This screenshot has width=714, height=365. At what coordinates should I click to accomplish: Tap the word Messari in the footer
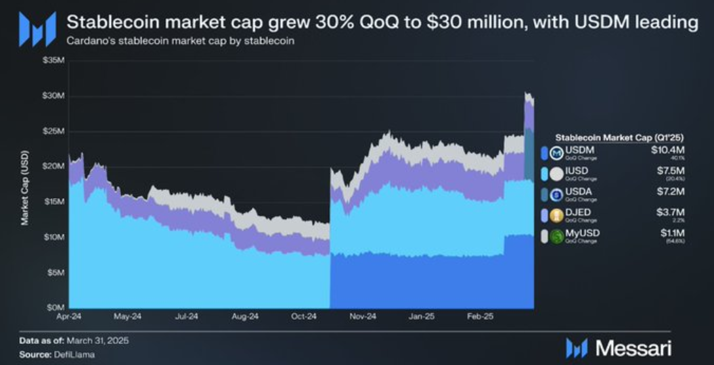[x=633, y=348]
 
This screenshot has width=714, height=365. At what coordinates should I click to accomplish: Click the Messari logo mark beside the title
[x=37, y=29]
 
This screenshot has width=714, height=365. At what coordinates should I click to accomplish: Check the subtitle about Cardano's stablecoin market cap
[x=180, y=41]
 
